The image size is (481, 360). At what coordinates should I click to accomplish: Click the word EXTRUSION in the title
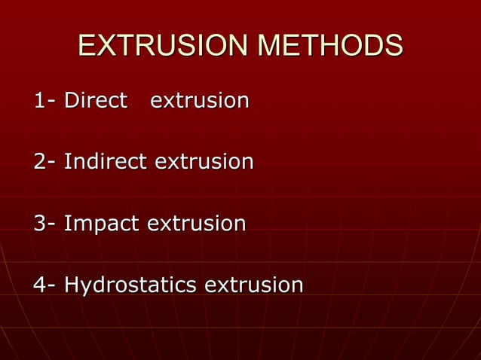[x=164, y=46]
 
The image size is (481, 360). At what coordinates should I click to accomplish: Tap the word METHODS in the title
[x=329, y=46]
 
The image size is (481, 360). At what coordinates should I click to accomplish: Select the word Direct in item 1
[x=95, y=100]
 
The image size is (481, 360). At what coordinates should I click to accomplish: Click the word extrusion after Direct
[x=200, y=100]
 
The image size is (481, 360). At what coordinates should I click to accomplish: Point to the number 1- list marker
[x=44, y=100]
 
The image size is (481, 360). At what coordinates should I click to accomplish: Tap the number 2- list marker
[x=44, y=161]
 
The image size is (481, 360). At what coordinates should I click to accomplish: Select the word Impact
[x=102, y=224]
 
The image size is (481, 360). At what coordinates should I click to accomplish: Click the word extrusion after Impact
[x=196, y=223]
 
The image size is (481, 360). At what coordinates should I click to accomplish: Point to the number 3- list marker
[x=44, y=223]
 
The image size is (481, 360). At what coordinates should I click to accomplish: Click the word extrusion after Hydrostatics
[x=254, y=285]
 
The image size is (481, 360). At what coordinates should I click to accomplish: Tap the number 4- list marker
[x=44, y=285]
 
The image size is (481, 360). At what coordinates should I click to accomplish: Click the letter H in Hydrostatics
[x=72, y=285]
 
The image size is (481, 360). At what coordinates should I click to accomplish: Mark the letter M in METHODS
[x=269, y=46]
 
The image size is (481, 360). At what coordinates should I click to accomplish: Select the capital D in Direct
[x=72, y=100]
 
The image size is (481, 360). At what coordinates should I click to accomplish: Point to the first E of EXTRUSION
[x=87, y=46]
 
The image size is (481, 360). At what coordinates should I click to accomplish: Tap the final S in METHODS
[x=394, y=46]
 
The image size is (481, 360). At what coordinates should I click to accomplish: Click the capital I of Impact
[x=67, y=223]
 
